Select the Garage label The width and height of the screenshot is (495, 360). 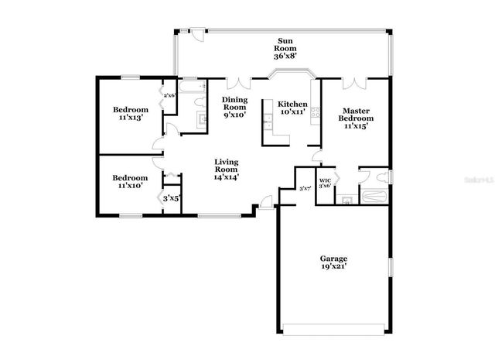tap(334, 258)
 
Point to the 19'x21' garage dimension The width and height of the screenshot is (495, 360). tap(334, 266)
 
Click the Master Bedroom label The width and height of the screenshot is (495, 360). tap(358, 115)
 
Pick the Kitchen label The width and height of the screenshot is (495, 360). tap(293, 104)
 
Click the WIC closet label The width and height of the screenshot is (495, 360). tap(325, 180)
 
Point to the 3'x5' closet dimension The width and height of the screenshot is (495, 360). tap(172, 199)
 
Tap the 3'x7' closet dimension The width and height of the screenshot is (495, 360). tap(305, 188)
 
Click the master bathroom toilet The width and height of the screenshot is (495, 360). tap(368, 174)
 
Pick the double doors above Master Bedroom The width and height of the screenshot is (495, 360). tap(352, 81)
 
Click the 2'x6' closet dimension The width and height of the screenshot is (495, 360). tap(169, 95)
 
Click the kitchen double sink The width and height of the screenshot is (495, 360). tap(267, 122)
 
